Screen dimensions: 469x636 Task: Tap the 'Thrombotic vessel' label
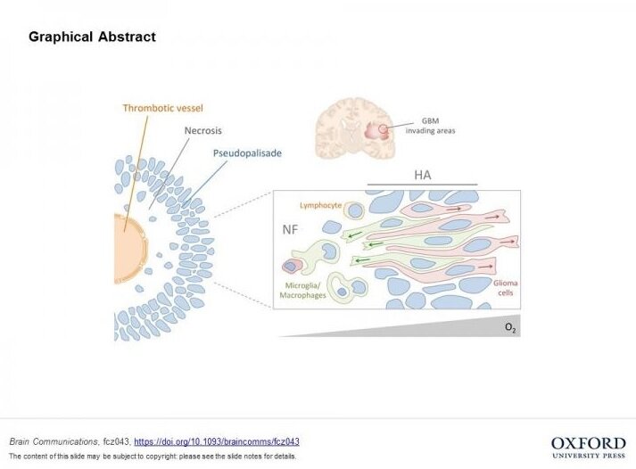(x=163, y=109)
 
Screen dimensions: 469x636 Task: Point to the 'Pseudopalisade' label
(x=247, y=153)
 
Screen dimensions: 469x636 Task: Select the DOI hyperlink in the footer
(x=216, y=441)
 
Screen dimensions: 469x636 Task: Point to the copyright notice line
(x=152, y=457)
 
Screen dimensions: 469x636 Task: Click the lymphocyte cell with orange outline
(x=355, y=210)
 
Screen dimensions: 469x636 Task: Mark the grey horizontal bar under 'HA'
(x=422, y=185)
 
